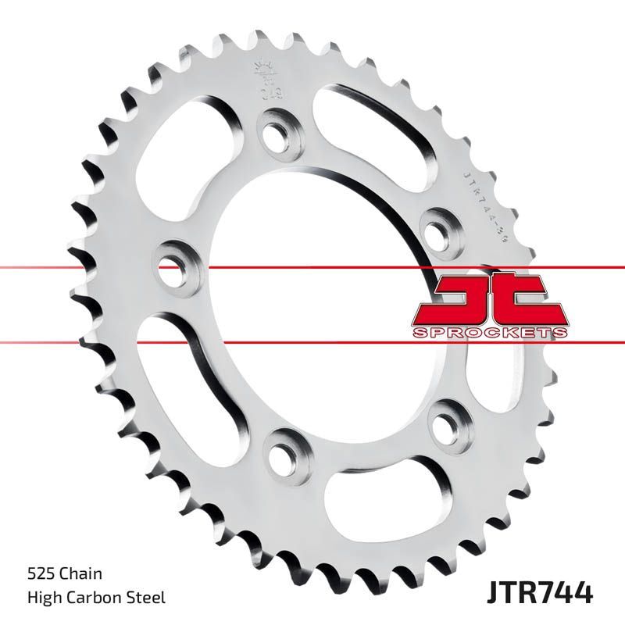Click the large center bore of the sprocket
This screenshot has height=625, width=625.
312,305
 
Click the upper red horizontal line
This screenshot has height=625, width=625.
78,268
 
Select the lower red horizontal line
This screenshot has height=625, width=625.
78,341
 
